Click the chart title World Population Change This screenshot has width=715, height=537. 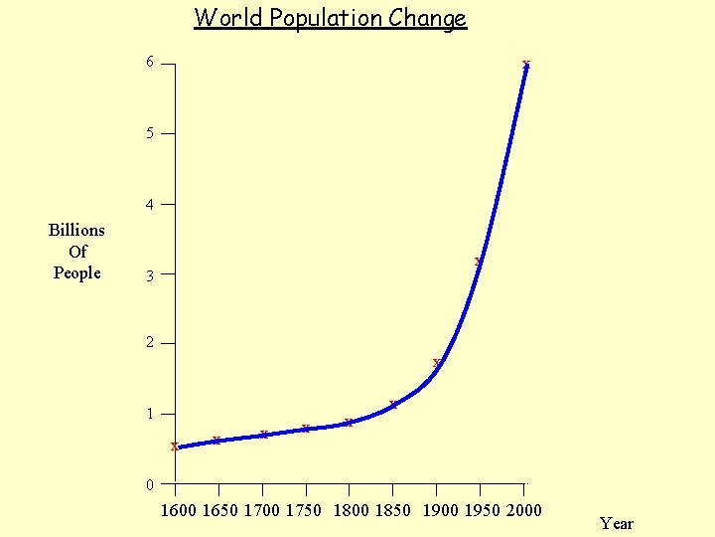click(330, 18)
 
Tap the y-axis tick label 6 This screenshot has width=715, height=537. click(150, 63)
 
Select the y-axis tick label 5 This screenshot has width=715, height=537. click(150, 132)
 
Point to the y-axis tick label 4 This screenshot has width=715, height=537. click(150, 205)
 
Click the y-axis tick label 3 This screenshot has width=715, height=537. click(150, 275)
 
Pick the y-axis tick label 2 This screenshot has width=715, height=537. click(150, 343)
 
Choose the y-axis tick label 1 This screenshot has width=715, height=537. click(150, 414)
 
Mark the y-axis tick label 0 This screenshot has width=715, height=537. click(150, 485)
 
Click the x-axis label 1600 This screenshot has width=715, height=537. click(179, 510)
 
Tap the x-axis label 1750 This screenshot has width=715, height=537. click(304, 510)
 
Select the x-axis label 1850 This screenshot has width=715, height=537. click(392, 510)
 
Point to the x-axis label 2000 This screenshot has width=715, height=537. click(523, 510)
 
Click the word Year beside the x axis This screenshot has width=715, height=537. click(616, 523)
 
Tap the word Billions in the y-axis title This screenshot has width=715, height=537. click(76, 230)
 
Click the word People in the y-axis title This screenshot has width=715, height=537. click(76, 272)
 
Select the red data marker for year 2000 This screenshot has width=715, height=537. click(526, 65)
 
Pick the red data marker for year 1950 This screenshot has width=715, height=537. click(479, 262)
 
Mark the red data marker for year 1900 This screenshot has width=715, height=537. click(437, 363)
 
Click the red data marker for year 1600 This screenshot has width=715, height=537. click(175, 447)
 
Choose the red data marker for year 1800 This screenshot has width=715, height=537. click(349, 423)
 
